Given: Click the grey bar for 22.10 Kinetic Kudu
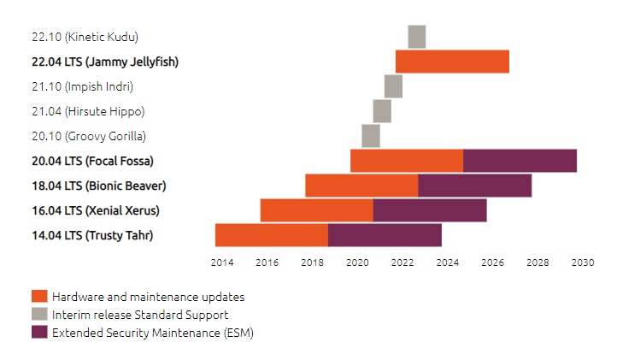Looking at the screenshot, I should [x=416, y=37].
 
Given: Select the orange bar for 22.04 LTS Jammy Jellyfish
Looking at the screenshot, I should [x=452, y=62].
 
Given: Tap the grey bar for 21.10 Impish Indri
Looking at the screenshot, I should [x=393, y=86].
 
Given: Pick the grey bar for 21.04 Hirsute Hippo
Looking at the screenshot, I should [x=382, y=111].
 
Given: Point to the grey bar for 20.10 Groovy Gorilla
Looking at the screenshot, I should [x=371, y=136].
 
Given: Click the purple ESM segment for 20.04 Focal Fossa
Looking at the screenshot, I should [x=520, y=161].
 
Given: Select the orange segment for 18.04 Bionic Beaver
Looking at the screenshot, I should [x=361, y=186].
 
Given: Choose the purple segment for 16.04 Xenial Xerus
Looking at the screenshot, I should [x=430, y=210].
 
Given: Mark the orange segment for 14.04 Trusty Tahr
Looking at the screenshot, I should [x=272, y=235].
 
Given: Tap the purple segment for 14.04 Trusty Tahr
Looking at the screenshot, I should [x=385, y=235].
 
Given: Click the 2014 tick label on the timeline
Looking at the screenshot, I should [x=221, y=263].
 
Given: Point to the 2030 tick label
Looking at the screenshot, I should [x=583, y=263].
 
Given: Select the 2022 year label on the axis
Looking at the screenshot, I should [x=402, y=263].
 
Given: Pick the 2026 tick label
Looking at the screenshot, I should [x=492, y=263].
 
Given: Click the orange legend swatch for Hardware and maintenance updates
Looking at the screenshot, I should [x=39, y=297].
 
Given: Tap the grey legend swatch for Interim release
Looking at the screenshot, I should [x=39, y=315].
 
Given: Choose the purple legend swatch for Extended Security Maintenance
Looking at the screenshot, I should [x=39, y=333].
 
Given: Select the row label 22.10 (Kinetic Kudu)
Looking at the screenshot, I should [x=85, y=37].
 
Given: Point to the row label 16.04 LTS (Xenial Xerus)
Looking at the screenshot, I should [x=95, y=210].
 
